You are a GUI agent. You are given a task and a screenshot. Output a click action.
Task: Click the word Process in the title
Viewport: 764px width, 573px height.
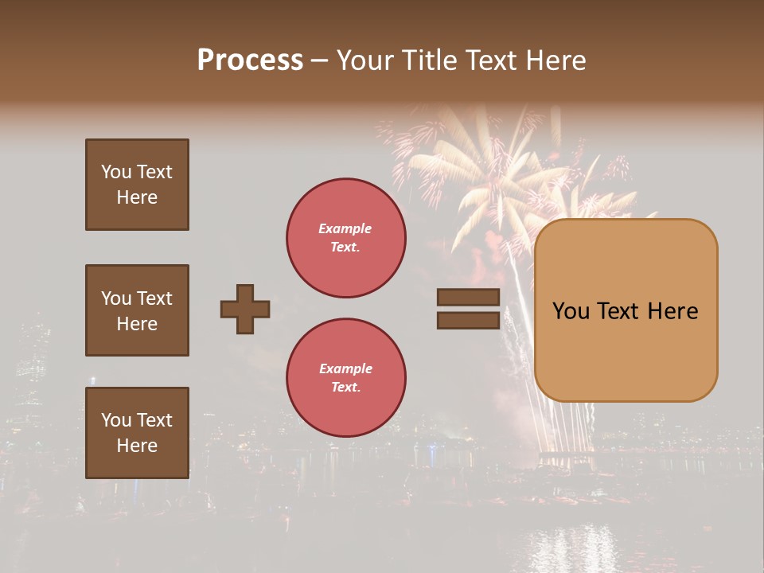(x=250, y=60)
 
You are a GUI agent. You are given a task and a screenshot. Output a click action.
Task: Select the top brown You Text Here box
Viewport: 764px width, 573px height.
(x=137, y=185)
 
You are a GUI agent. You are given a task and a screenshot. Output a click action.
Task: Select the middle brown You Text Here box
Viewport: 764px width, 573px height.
(x=137, y=310)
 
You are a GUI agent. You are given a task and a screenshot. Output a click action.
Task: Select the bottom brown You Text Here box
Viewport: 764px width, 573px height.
(x=137, y=433)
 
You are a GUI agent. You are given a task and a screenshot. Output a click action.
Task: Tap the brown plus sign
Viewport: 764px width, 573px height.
(x=245, y=309)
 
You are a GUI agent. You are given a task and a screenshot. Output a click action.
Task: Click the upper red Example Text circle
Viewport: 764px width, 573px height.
(x=345, y=238)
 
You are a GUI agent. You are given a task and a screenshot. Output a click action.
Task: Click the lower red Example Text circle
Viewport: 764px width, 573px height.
(x=345, y=378)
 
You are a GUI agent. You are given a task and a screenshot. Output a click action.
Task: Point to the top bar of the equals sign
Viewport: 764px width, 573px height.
(x=468, y=298)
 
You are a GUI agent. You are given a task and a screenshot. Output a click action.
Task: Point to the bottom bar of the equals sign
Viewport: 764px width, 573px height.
(x=468, y=320)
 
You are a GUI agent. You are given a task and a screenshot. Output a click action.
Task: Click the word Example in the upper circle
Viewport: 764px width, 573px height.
(x=345, y=228)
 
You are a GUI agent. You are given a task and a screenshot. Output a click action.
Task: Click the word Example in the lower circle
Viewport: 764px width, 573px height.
(x=345, y=368)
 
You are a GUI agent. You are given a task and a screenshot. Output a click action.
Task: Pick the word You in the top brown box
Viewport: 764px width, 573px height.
(x=115, y=172)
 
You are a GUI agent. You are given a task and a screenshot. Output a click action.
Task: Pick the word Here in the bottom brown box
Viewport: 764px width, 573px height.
(x=137, y=446)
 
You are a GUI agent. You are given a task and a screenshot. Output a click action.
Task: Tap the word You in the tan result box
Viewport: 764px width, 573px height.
(x=571, y=311)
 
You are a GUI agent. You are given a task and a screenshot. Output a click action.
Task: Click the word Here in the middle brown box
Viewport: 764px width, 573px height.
(x=137, y=324)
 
